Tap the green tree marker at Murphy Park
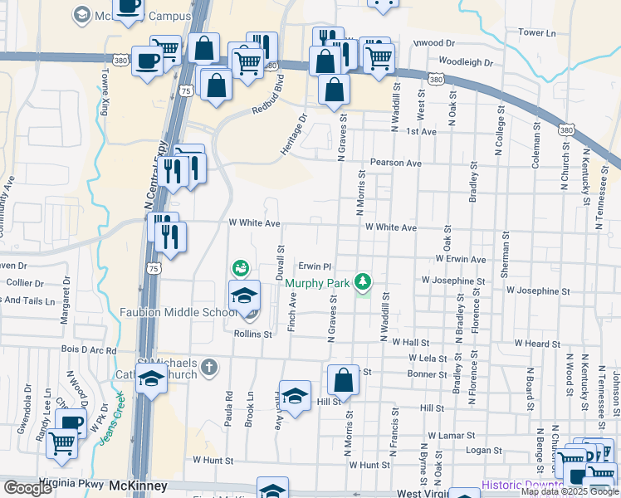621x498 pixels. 362,283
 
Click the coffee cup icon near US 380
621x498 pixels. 148,61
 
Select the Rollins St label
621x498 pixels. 253,334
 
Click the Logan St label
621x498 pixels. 479,449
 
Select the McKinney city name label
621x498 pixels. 139,485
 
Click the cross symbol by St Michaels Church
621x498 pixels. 210,366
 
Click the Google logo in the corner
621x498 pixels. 27,487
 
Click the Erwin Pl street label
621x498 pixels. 315,266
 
